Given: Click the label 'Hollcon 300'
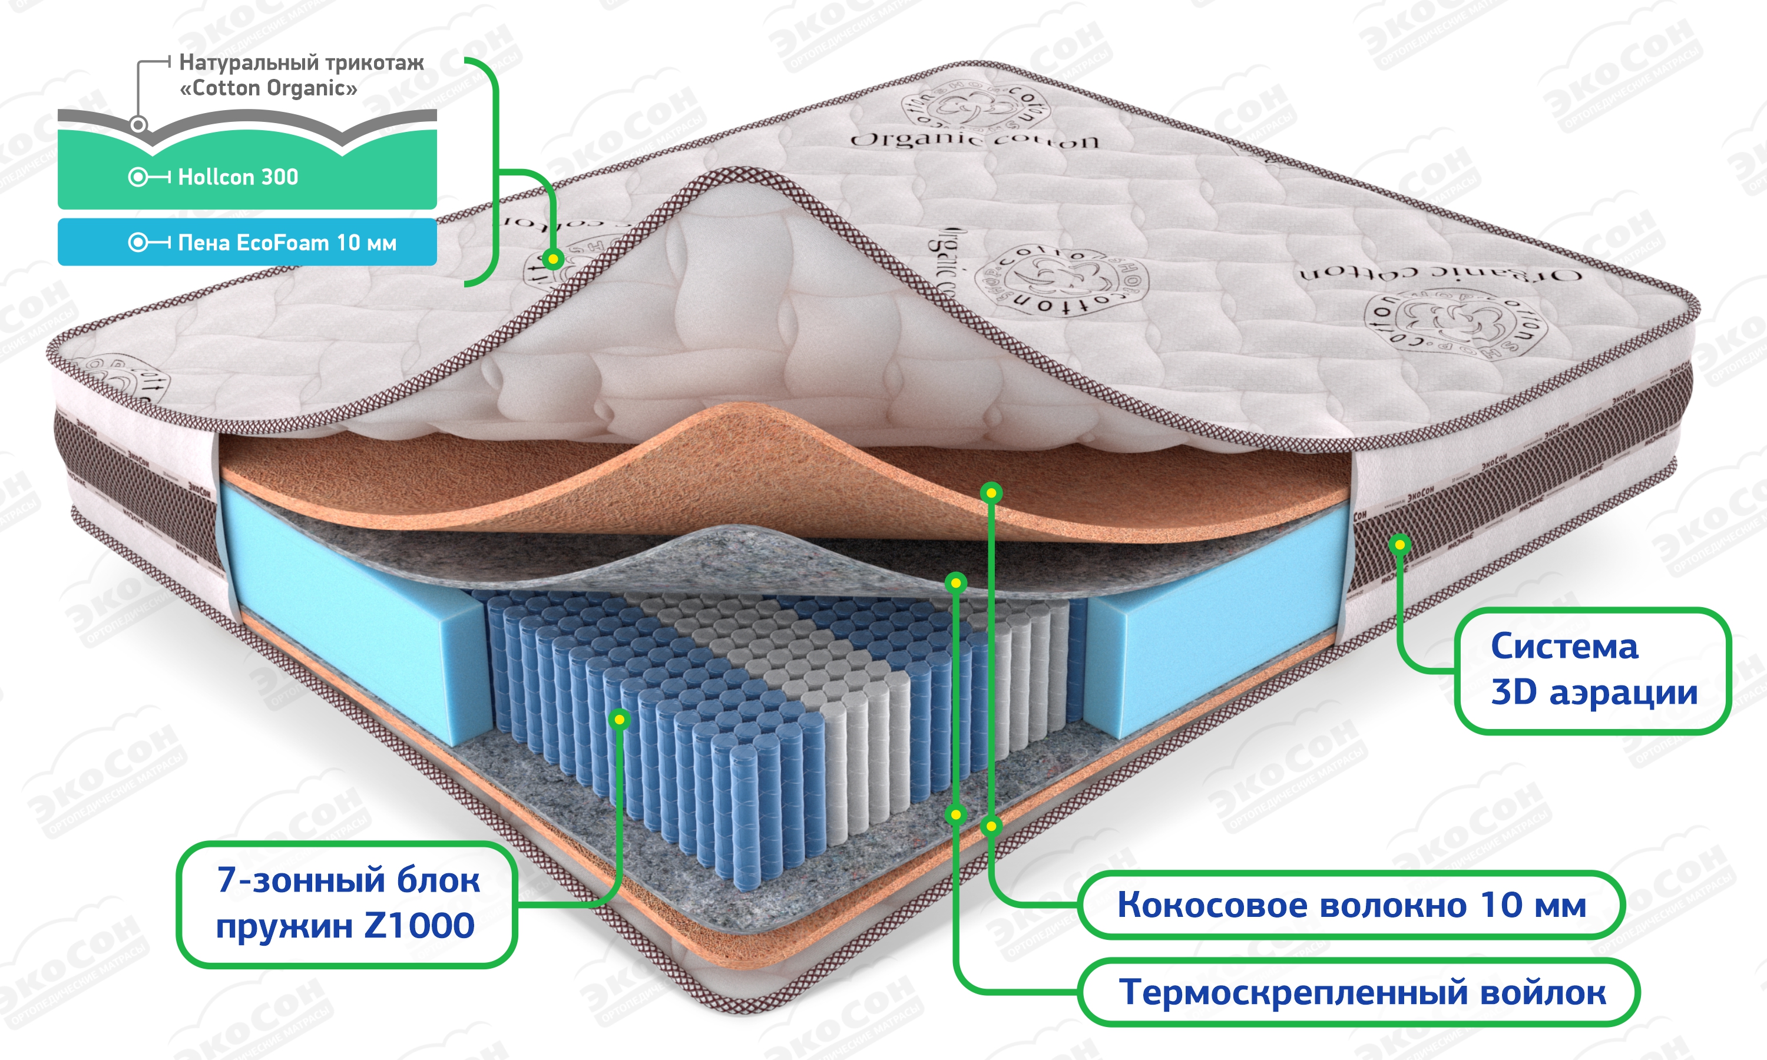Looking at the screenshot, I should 238,177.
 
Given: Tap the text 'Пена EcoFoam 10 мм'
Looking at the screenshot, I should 286,243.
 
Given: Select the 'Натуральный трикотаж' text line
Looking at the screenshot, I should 302,63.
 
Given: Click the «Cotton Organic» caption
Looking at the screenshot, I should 268,88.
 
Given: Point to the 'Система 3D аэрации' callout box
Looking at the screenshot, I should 1593,670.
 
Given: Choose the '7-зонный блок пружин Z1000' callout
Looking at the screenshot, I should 346,903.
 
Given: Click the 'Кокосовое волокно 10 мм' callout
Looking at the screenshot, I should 1351,905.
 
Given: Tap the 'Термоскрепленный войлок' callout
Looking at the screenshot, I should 1362,992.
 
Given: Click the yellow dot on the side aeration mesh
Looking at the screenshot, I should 1400,545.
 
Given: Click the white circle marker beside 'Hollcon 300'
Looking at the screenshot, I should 138,177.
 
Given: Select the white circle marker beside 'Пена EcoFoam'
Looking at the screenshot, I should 138,243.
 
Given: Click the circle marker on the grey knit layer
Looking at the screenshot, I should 138,125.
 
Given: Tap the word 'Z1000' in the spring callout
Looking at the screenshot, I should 419,926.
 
